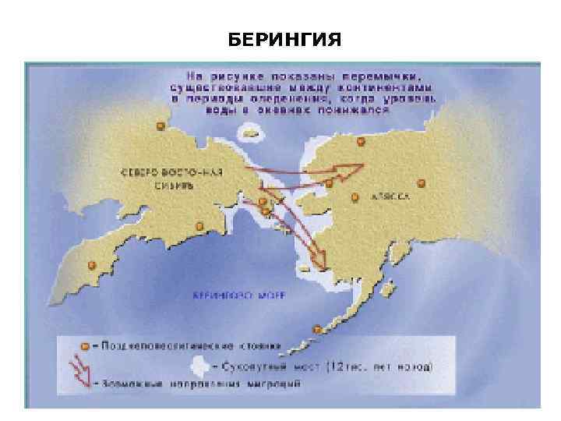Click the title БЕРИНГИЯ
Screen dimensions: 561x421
click(x=285, y=38)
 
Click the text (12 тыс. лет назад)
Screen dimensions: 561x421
click(x=379, y=365)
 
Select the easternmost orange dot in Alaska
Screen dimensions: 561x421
click(x=422, y=183)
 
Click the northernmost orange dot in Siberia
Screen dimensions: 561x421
click(x=161, y=125)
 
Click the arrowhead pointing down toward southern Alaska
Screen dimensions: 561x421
click(x=318, y=260)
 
